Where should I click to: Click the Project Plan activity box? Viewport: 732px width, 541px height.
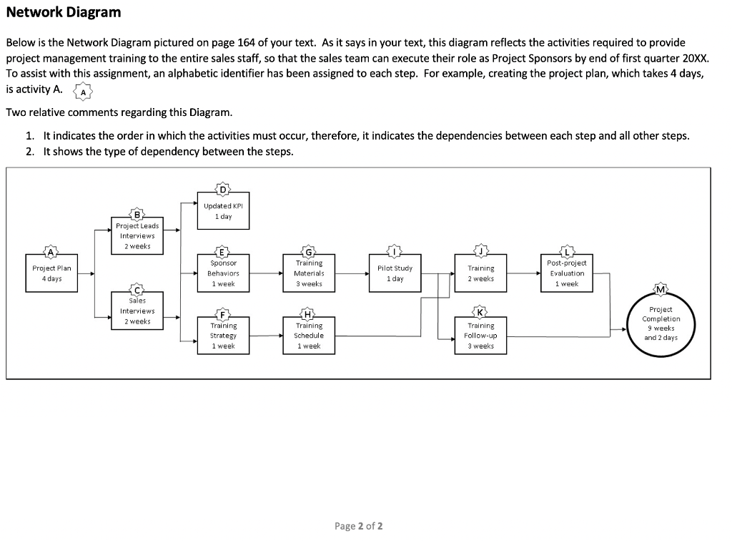[51, 273]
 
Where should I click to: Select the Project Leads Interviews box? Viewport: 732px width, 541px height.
[137, 235]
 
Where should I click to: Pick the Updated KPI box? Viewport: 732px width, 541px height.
[223, 211]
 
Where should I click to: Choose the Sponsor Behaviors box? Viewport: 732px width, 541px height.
[223, 273]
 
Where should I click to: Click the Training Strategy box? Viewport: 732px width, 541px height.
[223, 336]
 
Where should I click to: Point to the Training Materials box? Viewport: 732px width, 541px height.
[309, 273]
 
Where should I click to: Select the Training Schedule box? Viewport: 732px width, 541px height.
[309, 336]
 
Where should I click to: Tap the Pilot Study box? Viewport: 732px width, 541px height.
[395, 273]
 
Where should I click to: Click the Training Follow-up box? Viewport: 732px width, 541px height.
[480, 336]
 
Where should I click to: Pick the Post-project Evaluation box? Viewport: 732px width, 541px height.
[566, 273]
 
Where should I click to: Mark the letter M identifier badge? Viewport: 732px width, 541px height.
[661, 288]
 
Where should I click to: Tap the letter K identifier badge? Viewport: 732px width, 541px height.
[480, 311]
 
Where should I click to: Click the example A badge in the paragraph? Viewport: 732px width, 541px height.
[84, 92]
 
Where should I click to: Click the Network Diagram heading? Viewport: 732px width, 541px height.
[64, 12]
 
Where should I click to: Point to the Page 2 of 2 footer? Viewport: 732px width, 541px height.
[359, 526]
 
